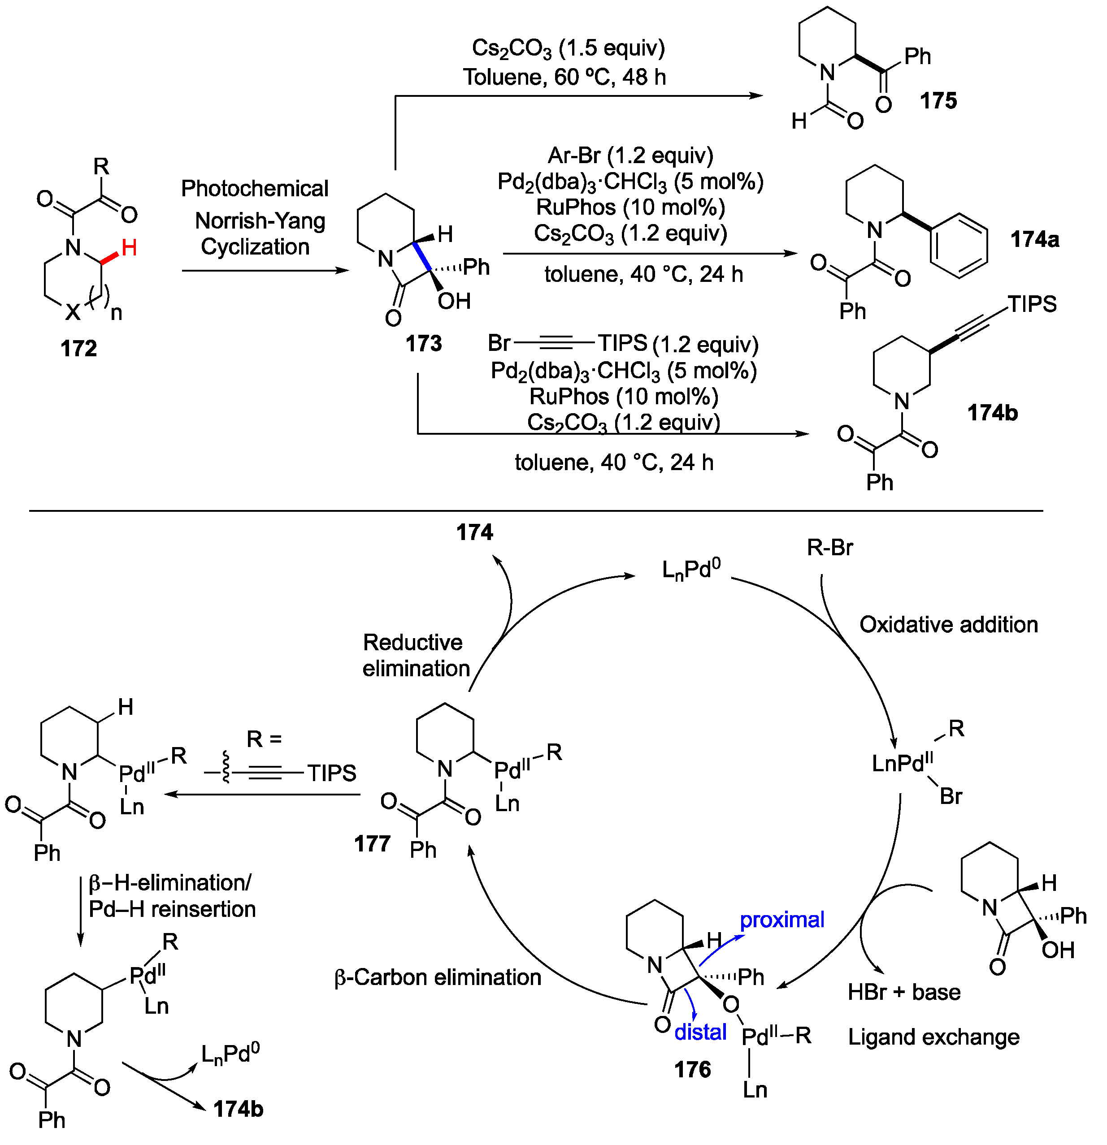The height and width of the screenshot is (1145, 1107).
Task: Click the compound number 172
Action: coord(78,349)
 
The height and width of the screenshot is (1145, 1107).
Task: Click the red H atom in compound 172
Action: coord(129,248)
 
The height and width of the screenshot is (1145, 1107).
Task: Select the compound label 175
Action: coord(938,100)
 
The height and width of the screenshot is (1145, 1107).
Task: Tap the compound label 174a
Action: coord(1034,239)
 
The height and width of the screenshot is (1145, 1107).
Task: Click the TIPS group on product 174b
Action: coord(1032,304)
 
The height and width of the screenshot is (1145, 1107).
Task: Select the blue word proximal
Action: coord(781,920)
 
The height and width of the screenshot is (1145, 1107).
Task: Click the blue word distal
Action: coord(700,1032)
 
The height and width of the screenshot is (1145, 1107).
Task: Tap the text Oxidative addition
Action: coord(948,625)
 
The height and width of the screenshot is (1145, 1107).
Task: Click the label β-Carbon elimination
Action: coord(438,977)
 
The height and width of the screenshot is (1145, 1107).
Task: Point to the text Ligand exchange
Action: coord(933,1037)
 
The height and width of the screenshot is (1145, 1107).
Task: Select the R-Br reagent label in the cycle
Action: coord(829,547)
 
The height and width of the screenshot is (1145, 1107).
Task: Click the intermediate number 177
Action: coord(372,843)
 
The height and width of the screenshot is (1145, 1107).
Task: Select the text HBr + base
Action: coord(903,992)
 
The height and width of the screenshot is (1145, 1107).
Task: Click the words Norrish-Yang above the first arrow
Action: coord(260,221)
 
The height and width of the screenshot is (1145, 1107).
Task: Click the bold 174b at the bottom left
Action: coord(238,1109)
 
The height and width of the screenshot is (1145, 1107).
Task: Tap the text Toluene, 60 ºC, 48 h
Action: coord(564,77)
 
